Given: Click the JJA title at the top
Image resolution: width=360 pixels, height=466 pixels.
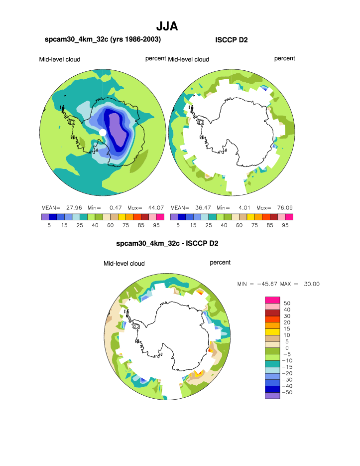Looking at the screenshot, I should (167, 26).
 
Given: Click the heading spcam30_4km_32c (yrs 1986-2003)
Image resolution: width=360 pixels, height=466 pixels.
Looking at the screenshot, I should (103, 39).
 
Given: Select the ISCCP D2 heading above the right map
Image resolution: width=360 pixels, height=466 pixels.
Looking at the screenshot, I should (231, 40).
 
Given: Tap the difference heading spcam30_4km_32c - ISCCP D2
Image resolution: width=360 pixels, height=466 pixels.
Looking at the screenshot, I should (167, 244).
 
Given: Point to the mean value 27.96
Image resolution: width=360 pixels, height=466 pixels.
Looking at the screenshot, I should (73, 207).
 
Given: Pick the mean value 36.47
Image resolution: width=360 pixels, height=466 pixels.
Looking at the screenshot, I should (203, 207).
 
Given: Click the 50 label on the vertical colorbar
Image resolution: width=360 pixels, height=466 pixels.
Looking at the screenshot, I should (287, 303).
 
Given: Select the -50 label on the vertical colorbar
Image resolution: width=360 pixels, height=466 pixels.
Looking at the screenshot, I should (288, 393).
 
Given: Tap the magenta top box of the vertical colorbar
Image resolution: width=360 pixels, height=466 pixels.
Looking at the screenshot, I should (272, 299).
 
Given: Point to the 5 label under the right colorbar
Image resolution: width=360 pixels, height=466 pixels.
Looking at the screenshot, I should (178, 225).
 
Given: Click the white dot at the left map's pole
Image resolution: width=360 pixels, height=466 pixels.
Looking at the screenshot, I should (103, 132).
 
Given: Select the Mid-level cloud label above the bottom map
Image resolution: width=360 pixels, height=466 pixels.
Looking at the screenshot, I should (124, 263).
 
